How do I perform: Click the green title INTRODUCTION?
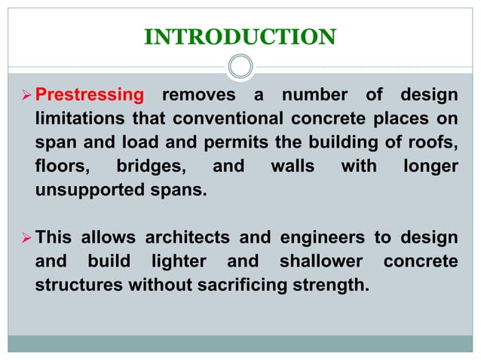pyautogui.click(x=240, y=35)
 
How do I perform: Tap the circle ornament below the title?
pyautogui.click(x=240, y=67)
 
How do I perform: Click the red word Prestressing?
pyautogui.click(x=90, y=96)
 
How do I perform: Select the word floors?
pyautogui.click(x=59, y=166)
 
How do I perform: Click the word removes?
pyautogui.click(x=199, y=96)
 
